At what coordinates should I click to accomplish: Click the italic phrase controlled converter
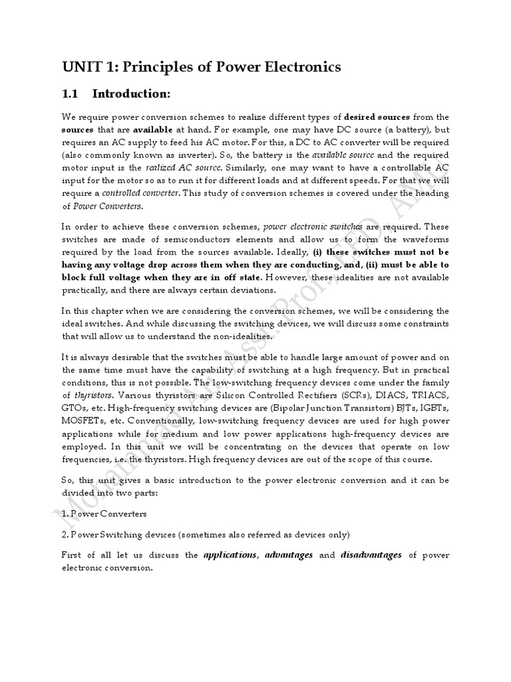140,193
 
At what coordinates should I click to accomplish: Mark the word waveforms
424,239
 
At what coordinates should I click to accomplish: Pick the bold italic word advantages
289,555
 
